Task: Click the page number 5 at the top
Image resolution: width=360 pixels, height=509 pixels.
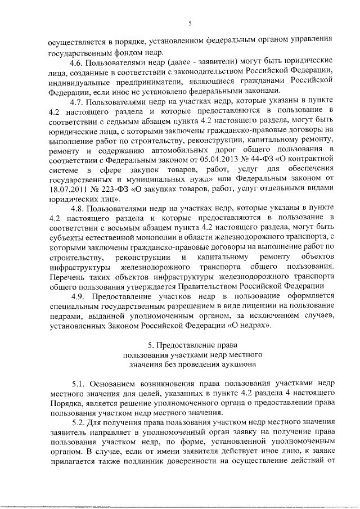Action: point(190,24)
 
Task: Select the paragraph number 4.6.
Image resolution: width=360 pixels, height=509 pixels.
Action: point(78,60)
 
